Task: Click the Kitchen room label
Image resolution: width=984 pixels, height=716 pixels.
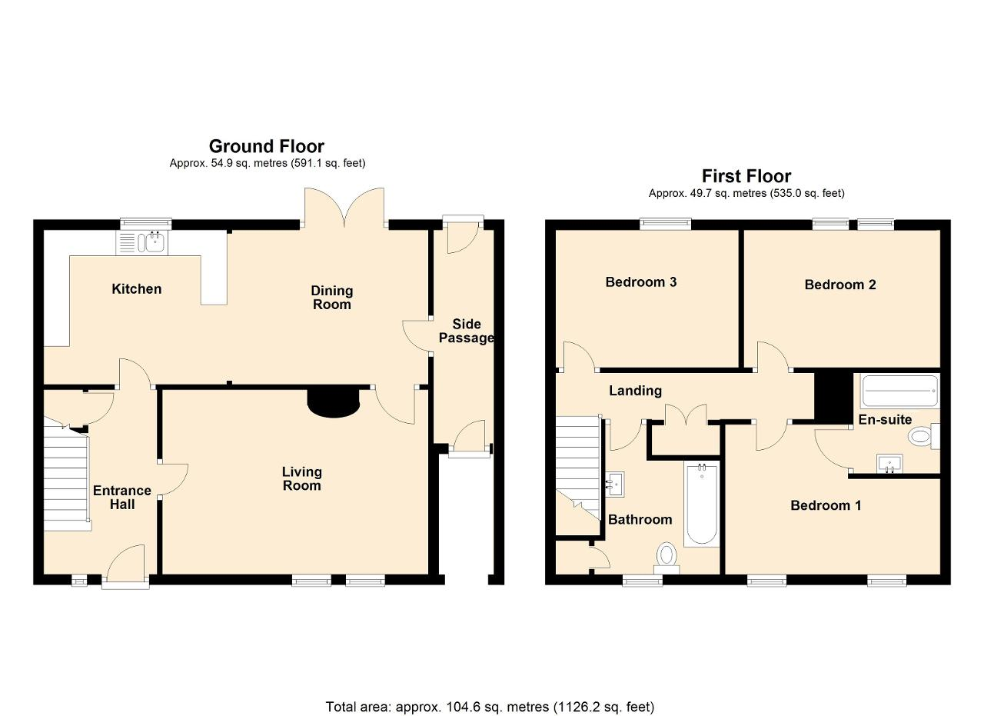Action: pyautogui.click(x=137, y=289)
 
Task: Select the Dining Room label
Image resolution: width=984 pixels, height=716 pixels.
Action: pyautogui.click(x=331, y=298)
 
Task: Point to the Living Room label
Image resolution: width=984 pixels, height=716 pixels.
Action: pyautogui.click(x=302, y=478)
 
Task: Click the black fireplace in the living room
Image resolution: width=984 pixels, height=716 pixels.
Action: pyautogui.click(x=334, y=402)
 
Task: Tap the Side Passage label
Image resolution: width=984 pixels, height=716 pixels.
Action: pyautogui.click(x=467, y=331)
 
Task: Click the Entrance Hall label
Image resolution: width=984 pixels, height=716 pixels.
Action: pyautogui.click(x=122, y=497)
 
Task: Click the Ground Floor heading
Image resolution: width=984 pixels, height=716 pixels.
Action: pyautogui.click(x=267, y=146)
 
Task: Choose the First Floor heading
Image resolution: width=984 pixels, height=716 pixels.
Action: pyautogui.click(x=746, y=176)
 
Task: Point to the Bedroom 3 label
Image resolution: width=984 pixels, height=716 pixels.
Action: pyautogui.click(x=641, y=281)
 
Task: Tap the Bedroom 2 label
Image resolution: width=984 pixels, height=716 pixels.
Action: pyautogui.click(x=840, y=285)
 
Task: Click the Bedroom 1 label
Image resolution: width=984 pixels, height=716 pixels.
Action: pyautogui.click(x=826, y=505)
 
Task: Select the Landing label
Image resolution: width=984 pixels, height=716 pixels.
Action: pyautogui.click(x=635, y=391)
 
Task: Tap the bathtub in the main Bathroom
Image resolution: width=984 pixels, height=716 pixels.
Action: pyautogui.click(x=702, y=504)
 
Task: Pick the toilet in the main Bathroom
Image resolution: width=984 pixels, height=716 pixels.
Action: pyautogui.click(x=667, y=558)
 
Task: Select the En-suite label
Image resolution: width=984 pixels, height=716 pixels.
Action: pyautogui.click(x=885, y=420)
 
